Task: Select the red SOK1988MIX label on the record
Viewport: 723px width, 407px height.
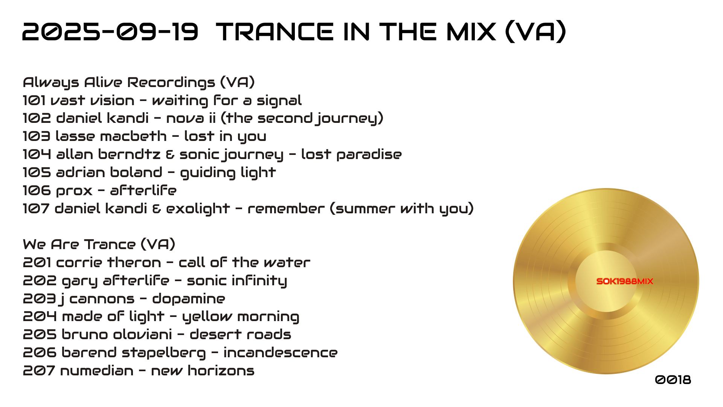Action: pos(625,281)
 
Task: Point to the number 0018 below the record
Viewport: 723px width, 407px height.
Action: pos(673,379)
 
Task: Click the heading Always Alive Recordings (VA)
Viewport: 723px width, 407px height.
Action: pos(139,83)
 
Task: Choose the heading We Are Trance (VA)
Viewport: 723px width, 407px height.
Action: pos(99,245)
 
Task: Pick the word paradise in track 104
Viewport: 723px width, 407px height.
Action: pos(369,155)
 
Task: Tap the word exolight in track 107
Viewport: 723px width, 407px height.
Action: pos(198,209)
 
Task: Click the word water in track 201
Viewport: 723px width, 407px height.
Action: pos(287,263)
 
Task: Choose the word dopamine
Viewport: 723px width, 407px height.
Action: pos(189,299)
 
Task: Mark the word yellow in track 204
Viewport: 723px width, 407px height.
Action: pos(207,317)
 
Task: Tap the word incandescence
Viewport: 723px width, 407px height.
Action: pos(281,353)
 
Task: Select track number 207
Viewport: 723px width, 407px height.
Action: pos(38,371)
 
